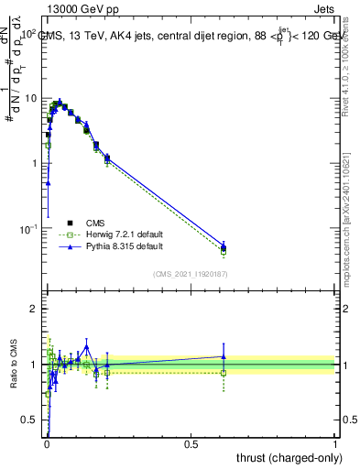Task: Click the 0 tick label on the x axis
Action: coord(46,443)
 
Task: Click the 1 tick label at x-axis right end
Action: coord(334,443)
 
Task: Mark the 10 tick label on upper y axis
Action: coord(30,98)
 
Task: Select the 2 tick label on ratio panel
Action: coord(33,309)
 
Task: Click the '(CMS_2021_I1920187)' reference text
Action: coord(191,273)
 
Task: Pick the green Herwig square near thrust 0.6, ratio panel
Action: coord(224,373)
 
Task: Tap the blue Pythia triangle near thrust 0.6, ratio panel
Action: coord(224,356)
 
